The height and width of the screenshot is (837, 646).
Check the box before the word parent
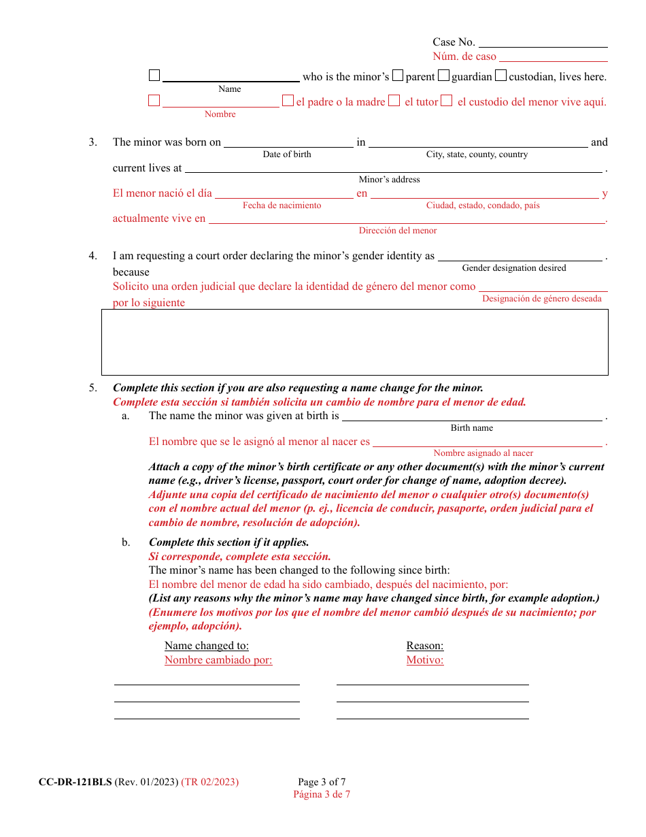pyautogui.click(x=398, y=76)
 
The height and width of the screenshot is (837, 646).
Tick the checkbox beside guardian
pyautogui.click(x=444, y=76)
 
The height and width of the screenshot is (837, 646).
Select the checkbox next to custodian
pyautogui.click(x=501, y=76)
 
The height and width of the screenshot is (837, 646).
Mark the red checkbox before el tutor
pyautogui.click(x=394, y=101)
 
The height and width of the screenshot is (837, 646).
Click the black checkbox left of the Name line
pyautogui.click(x=154, y=76)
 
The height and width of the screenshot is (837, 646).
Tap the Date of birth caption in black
pyautogui.click(x=287, y=154)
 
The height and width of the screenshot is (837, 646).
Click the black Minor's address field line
pyautogui.click(x=393, y=167)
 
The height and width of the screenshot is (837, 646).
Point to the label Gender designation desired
pyautogui.click(x=514, y=268)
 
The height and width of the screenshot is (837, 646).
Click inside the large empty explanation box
pyautogui.click(x=354, y=342)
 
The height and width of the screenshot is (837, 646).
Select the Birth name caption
pyautogui.click(x=472, y=428)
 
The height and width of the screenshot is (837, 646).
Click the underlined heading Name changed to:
pyautogui.click(x=207, y=646)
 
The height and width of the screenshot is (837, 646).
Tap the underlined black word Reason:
pyautogui.click(x=425, y=646)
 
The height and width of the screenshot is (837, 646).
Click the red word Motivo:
pyautogui.click(x=425, y=660)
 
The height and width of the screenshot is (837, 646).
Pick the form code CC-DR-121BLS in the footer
pyautogui.click(x=75, y=782)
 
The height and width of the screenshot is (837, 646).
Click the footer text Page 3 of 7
pyautogui.click(x=322, y=782)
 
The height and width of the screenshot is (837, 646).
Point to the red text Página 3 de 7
pyautogui.click(x=322, y=794)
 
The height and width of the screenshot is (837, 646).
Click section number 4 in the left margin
pyautogui.click(x=92, y=256)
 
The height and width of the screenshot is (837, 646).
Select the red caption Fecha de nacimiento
pyautogui.click(x=282, y=206)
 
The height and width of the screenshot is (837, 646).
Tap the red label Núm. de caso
pyautogui.click(x=464, y=56)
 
